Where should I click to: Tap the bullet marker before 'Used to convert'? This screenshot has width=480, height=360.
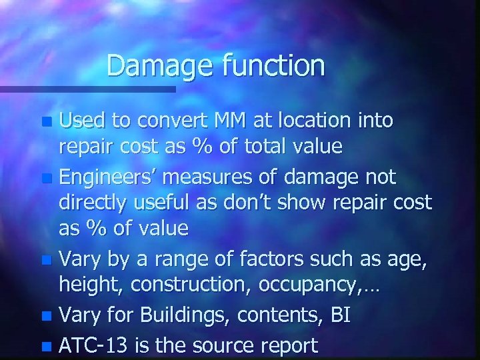pos(46,123)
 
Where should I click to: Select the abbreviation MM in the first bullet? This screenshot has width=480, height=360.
pos(230,121)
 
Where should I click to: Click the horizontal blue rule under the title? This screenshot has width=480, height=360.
pos(87,89)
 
